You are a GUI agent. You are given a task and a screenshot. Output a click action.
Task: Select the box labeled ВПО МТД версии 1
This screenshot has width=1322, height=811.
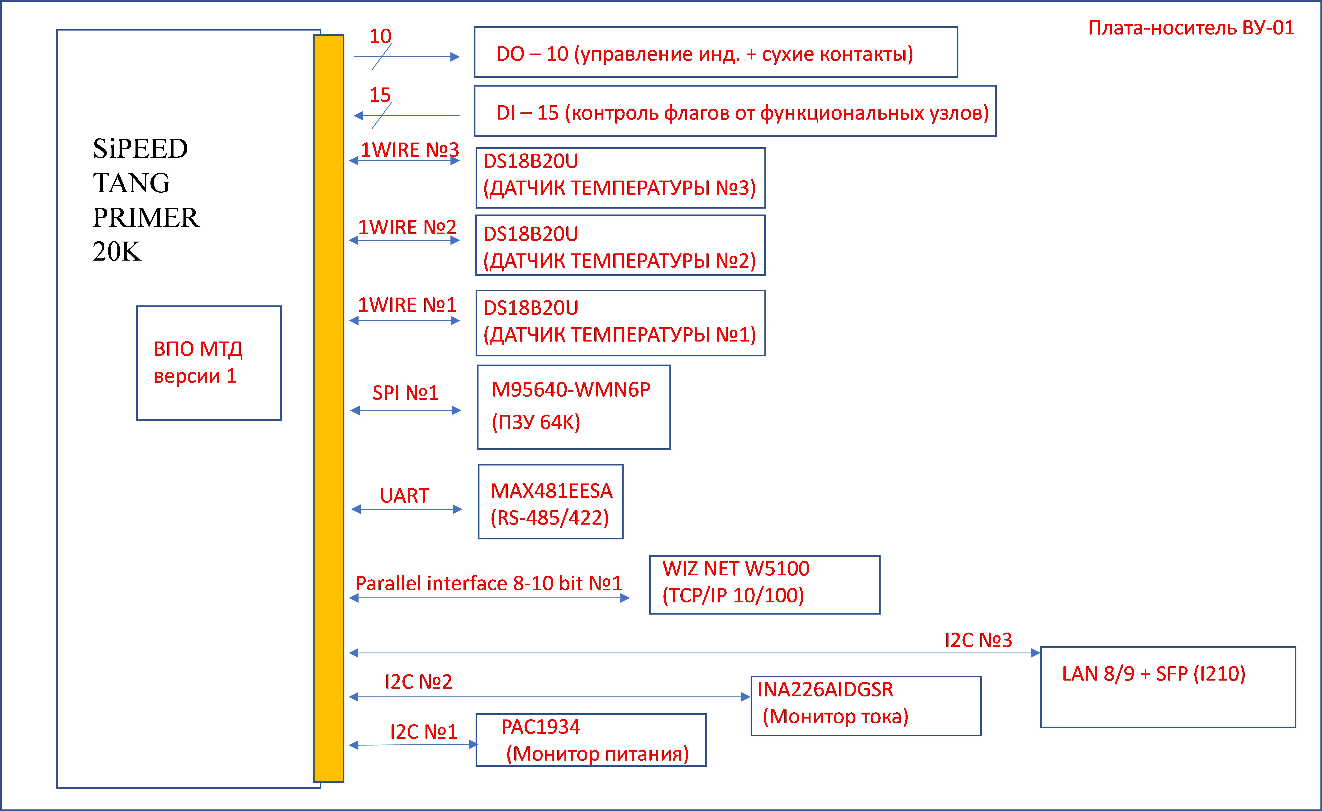coord(209,363)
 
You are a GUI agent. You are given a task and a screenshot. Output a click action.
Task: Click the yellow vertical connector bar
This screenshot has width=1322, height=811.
coord(328,408)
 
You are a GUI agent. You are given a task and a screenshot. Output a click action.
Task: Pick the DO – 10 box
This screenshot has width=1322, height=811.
coord(716,52)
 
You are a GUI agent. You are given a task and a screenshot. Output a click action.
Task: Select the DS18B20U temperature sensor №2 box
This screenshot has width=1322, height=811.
coord(620,246)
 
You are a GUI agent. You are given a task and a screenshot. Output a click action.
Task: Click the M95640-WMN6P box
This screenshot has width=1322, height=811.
coord(573,407)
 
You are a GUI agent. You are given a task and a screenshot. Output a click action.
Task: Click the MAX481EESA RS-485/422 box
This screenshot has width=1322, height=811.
coord(550,502)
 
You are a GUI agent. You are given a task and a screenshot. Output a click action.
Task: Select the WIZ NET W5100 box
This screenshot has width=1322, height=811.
coord(765,585)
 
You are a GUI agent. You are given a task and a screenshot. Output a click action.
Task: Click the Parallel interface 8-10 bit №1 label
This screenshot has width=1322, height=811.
coord(488,583)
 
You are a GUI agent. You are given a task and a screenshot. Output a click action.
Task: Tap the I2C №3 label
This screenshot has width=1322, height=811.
coord(978,640)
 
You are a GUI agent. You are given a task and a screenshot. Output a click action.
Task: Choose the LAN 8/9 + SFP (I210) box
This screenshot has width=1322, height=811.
coord(1168,687)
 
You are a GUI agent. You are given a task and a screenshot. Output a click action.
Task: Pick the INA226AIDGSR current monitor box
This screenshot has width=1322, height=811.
coord(866,706)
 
